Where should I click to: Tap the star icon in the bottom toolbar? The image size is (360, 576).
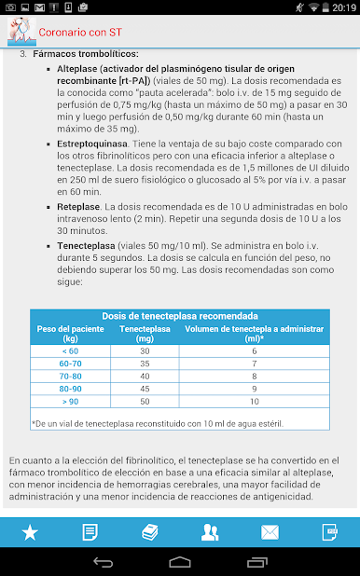coord(30,532)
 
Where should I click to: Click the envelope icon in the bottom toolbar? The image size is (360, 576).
coord(270,532)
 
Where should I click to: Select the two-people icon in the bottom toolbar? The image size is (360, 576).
coord(210,532)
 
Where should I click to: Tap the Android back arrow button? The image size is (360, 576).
coord(103,562)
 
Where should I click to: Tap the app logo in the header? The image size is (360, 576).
coord(18,31)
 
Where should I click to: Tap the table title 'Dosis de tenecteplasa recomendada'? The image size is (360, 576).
coord(180,316)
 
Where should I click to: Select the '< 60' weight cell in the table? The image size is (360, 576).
coord(70,350)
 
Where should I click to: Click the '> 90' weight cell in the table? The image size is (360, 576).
coord(70,401)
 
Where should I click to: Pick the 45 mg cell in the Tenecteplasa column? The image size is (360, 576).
coord(145,388)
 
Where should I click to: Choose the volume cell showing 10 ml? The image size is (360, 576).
coord(255,401)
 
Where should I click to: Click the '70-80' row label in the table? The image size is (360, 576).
coord(70,376)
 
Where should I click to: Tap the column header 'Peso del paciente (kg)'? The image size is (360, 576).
coord(70,333)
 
